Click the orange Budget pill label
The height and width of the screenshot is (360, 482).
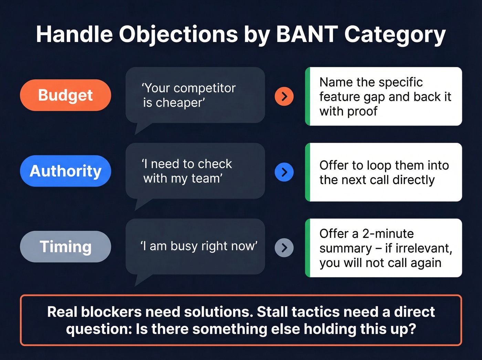tap(65, 95)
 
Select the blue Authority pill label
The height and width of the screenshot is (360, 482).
tap(65, 171)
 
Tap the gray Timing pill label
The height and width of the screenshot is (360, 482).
tap(65, 247)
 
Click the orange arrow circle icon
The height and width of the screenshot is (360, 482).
tap(284, 96)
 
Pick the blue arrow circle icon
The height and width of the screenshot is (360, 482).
tap(284, 172)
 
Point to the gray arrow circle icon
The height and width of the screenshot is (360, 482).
tap(284, 248)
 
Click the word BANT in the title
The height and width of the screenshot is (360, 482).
tap(307, 34)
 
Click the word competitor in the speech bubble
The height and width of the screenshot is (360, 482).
tap(205, 89)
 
